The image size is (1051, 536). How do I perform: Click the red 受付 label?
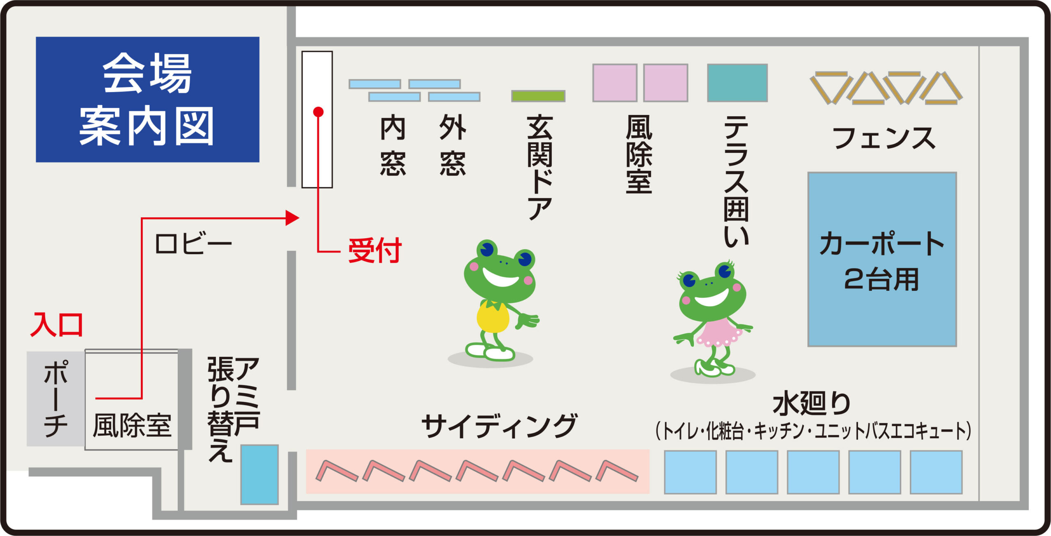pos(375,250)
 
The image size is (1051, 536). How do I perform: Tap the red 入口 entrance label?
pos(57,324)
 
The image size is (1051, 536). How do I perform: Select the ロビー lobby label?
pos(193,244)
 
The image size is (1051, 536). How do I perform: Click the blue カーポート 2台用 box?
pos(882,259)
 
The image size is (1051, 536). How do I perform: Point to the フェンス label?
pos(884,138)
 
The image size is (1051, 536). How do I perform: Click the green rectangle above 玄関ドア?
pos(538,96)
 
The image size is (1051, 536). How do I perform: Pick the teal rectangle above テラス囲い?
pos(737,83)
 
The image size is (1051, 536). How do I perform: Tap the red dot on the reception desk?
pos(318,112)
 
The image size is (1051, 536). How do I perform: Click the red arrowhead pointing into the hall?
pos(292,218)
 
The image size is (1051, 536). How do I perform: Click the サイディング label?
pos(499,426)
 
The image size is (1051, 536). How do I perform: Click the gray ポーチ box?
pos(56,398)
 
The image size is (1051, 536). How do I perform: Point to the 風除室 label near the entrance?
pos(132,426)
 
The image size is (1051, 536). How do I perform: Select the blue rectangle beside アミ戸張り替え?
pos(259,474)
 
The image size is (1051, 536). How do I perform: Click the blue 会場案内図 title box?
pos(147,99)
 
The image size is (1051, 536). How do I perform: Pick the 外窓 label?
pos(453,145)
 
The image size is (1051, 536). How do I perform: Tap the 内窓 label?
pos(393,145)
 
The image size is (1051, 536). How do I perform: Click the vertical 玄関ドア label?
pos(540,168)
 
